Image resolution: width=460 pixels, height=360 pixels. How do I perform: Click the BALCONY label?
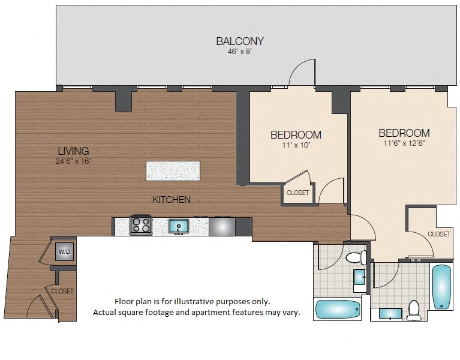tap(240, 41)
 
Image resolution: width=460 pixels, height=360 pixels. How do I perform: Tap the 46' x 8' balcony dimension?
tap(240, 52)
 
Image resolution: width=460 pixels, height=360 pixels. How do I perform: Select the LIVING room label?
tap(73, 151)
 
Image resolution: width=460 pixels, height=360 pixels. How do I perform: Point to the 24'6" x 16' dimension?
tap(73, 161)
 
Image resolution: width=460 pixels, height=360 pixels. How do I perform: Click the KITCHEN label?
tap(172, 200)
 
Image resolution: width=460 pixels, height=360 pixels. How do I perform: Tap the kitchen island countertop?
tap(173, 171)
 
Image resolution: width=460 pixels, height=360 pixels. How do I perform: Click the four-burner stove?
tap(141, 225)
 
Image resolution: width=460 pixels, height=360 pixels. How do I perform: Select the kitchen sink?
tap(179, 227)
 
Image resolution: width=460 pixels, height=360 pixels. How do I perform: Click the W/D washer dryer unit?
tap(65, 252)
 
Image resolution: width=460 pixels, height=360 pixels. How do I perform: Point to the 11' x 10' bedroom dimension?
tap(296, 145)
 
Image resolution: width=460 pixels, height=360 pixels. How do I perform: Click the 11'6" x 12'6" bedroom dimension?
tap(404, 143)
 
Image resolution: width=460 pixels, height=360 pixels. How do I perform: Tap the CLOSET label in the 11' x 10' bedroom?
tap(297, 193)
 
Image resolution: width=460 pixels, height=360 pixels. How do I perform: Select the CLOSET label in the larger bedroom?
tap(439, 234)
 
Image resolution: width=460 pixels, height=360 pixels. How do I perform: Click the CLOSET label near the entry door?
tap(62, 291)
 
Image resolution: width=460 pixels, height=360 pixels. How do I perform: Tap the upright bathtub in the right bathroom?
tap(441, 287)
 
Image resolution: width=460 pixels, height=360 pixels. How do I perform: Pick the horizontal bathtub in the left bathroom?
tap(338, 309)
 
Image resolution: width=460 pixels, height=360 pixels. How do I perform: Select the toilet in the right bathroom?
tap(414, 310)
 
